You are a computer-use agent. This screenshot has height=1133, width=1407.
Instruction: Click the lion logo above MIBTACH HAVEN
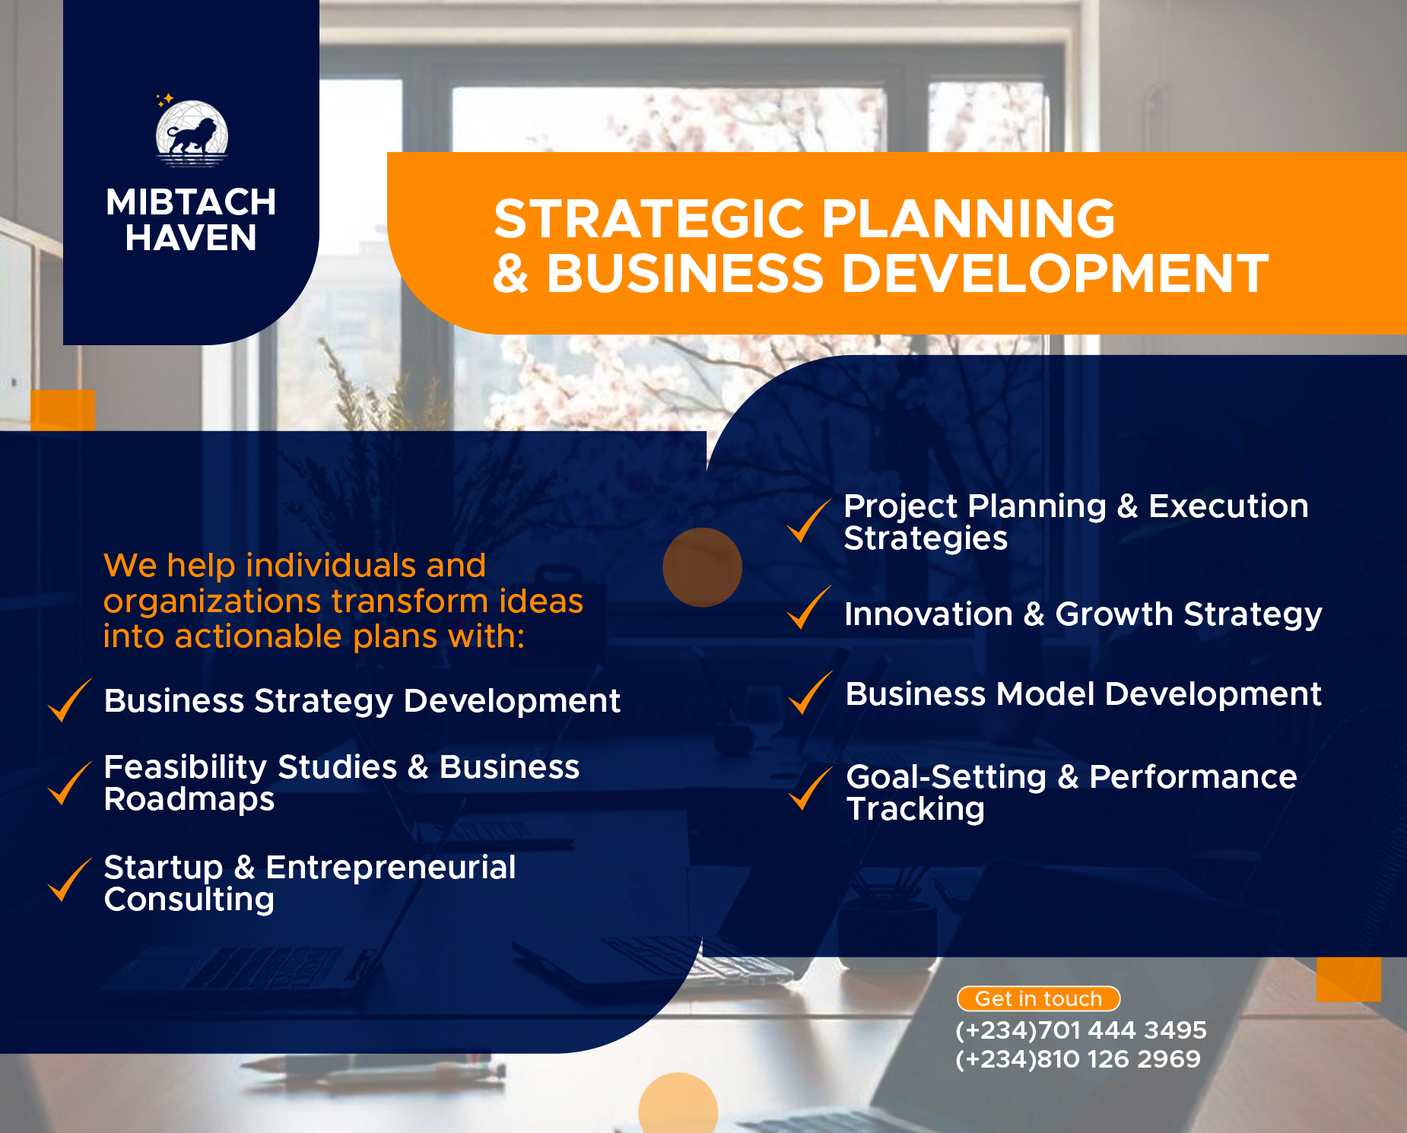[192, 134]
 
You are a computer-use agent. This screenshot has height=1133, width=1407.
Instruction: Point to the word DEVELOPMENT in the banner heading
[1055, 274]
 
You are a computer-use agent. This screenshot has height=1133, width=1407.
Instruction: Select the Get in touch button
[1038, 998]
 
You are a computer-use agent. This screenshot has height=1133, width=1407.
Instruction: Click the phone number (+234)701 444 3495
[1081, 1030]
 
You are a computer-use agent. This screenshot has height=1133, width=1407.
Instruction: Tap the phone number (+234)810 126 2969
[1078, 1059]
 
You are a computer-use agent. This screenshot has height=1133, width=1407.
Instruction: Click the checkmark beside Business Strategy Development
[69, 700]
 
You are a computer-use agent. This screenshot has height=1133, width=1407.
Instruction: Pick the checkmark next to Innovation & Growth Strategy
[808, 608]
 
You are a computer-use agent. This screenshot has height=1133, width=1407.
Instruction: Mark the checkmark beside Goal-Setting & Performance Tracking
[810, 789]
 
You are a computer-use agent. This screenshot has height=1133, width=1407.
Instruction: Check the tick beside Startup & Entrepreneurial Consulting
[69, 880]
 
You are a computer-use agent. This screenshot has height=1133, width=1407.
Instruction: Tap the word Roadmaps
[189, 799]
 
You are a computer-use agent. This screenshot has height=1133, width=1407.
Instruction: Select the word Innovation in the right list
[928, 614]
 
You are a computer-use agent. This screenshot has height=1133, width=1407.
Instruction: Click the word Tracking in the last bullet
[916, 809]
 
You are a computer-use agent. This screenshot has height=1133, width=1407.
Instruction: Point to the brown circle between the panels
[702, 567]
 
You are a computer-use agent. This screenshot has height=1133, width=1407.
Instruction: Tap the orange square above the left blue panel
[63, 411]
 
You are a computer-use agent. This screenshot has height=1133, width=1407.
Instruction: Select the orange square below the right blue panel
[1348, 979]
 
